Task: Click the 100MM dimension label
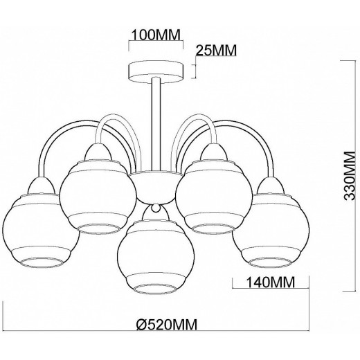(x=156, y=35)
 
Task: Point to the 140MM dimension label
(x=271, y=282)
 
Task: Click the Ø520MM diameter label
(x=167, y=325)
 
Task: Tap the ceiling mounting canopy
(x=156, y=72)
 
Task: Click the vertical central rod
(x=156, y=125)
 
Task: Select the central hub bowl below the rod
(x=156, y=188)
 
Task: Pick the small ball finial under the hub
(x=156, y=208)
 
